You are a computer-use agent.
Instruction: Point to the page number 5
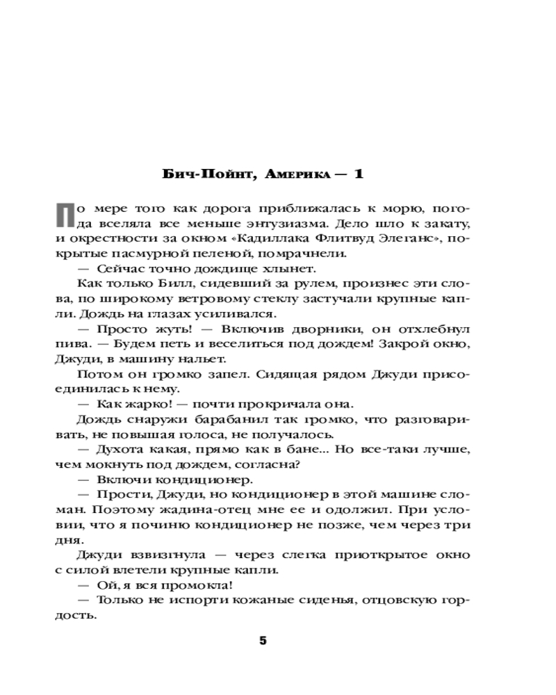(x=263, y=641)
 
